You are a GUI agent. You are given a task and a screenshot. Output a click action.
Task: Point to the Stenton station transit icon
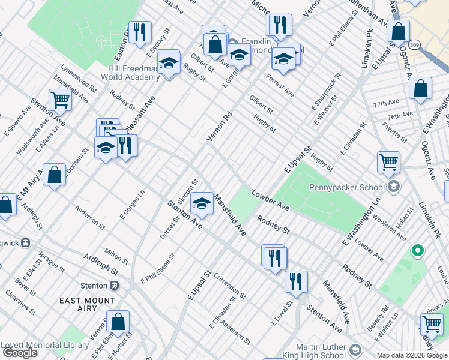click(114, 286)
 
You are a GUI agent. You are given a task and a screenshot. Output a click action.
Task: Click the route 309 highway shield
click(412, 44)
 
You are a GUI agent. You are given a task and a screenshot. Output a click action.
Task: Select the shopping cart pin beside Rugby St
click(388, 161)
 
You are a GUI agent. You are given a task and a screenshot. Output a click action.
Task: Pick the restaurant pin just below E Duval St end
click(295, 281)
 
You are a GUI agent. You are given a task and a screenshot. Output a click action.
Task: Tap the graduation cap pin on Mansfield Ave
click(202, 204)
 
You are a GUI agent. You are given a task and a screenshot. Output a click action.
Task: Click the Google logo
click(20, 353)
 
